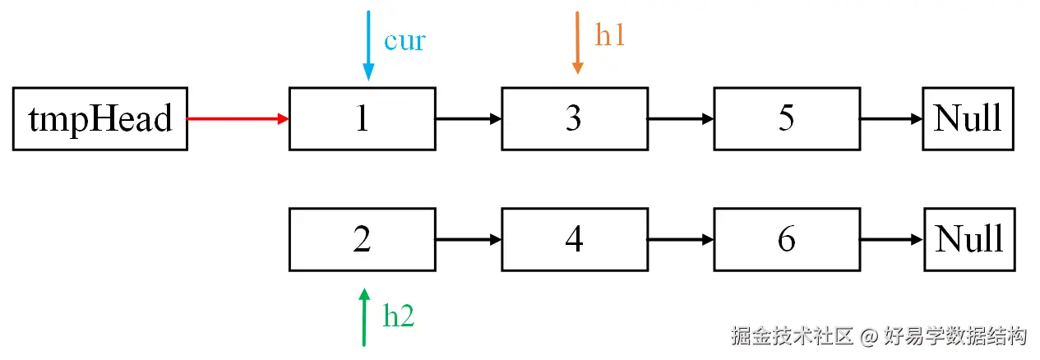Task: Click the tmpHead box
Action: click(100, 118)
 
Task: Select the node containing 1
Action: click(362, 118)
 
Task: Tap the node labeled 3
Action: click(575, 118)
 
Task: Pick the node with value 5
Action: click(787, 118)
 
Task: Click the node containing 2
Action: click(362, 239)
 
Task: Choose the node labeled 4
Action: click(575, 239)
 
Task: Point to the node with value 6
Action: click(787, 239)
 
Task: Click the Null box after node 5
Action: click(968, 118)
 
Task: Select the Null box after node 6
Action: click(969, 239)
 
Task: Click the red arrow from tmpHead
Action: click(238, 118)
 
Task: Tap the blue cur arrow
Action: click(368, 45)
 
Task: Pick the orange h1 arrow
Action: click(578, 43)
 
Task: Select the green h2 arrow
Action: click(364, 317)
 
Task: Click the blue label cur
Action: click(404, 41)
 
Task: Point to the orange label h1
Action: click(610, 35)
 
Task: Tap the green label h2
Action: click(399, 316)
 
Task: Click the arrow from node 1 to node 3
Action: click(469, 118)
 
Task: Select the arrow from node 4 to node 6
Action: click(681, 239)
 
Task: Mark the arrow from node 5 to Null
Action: click(891, 118)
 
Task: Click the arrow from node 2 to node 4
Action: click(469, 239)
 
